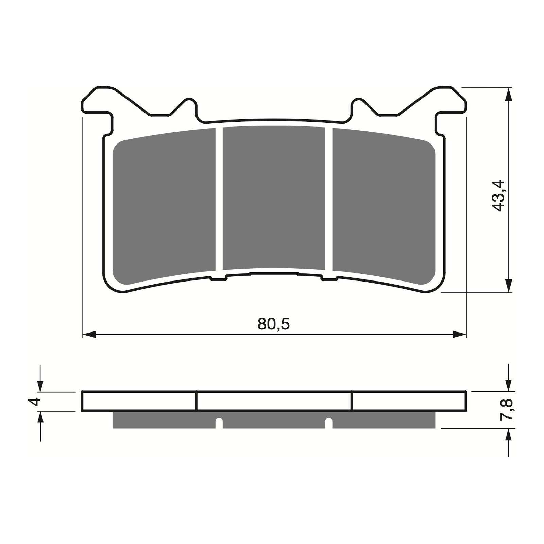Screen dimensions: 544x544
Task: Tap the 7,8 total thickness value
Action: pos(507,410)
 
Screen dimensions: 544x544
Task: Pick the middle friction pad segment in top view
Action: pos(274,197)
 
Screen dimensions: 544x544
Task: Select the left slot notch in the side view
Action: pos(219,423)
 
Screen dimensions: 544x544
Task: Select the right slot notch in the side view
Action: pos(328,423)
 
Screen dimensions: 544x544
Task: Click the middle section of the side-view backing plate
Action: pos(274,401)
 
